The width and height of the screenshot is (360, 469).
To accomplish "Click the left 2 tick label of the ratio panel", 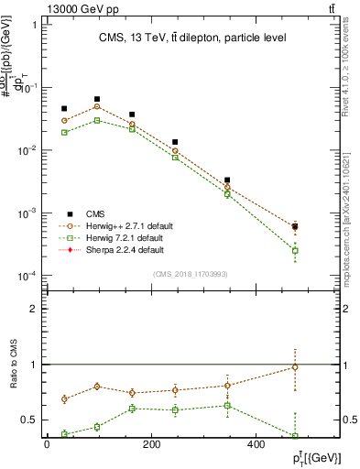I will click(x=34, y=309).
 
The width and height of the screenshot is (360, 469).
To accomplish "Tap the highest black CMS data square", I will click(x=96, y=99).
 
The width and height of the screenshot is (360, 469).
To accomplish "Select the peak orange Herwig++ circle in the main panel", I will click(x=96, y=106).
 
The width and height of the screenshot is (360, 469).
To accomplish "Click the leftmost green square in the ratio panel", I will click(x=64, y=434).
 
